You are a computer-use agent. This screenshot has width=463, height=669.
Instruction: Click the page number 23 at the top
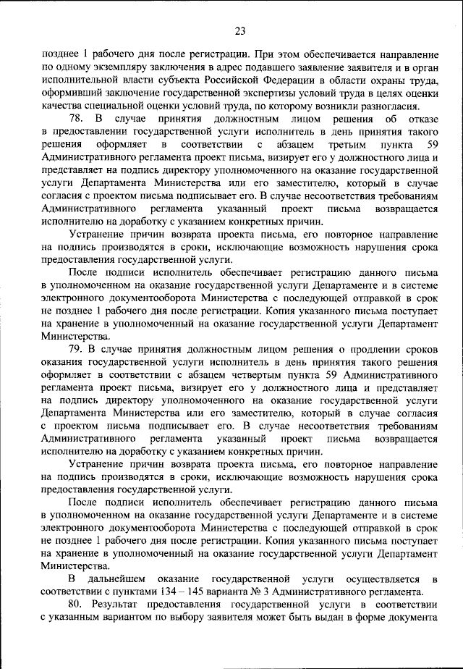point(241,30)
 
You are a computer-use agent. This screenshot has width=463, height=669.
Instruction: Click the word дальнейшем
point(118,579)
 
